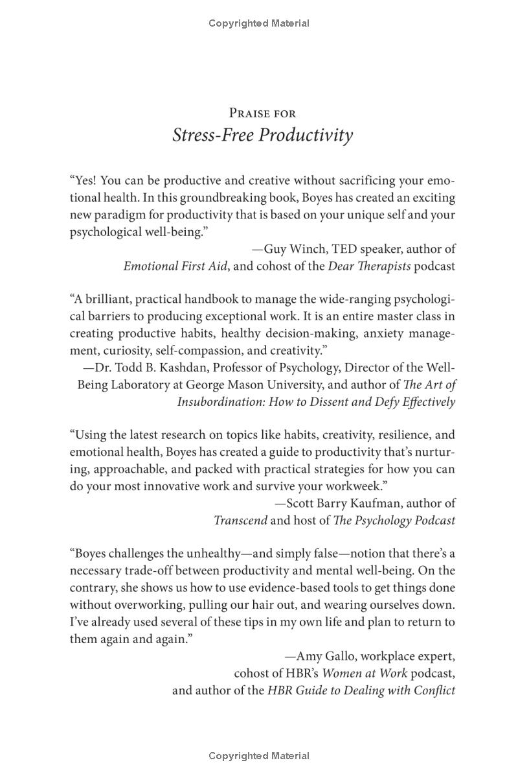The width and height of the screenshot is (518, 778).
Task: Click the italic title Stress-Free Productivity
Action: coord(262,136)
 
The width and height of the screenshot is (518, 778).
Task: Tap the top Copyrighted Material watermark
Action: coord(259,23)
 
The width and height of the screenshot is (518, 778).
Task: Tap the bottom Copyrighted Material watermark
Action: coord(259,756)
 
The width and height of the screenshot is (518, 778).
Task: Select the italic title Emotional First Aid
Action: coord(168,266)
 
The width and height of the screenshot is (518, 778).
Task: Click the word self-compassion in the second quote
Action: coord(182,350)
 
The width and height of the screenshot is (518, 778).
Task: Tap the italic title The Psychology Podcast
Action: coord(394,520)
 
